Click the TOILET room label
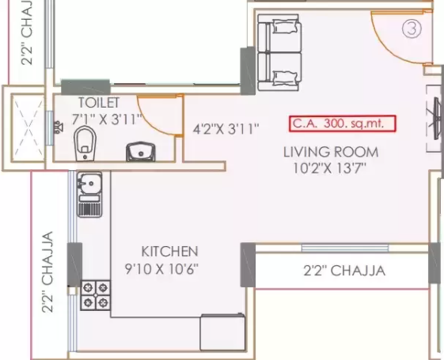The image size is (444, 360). [x=99, y=102]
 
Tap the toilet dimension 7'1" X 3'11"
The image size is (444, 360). [x=106, y=119]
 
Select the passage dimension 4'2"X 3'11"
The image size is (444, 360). [x=226, y=129]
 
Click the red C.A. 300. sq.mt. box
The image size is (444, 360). [x=343, y=123]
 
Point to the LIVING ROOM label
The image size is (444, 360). [x=331, y=152]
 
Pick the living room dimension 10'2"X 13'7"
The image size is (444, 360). [x=329, y=168]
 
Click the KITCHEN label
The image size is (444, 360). [x=169, y=252]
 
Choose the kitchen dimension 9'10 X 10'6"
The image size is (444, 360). [x=161, y=268]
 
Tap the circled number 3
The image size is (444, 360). [x=412, y=28]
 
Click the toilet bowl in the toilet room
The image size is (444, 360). [x=85, y=143]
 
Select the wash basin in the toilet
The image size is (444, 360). [x=141, y=152]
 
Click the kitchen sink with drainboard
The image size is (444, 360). [x=89, y=195]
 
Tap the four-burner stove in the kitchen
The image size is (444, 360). [x=96, y=295]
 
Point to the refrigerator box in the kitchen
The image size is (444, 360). [x=222, y=332]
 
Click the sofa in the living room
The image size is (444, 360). [x=279, y=53]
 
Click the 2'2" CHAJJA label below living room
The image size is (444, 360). [x=344, y=271]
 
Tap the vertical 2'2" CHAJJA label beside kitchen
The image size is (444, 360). [x=47, y=272]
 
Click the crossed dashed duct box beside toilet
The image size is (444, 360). [x=28, y=128]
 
